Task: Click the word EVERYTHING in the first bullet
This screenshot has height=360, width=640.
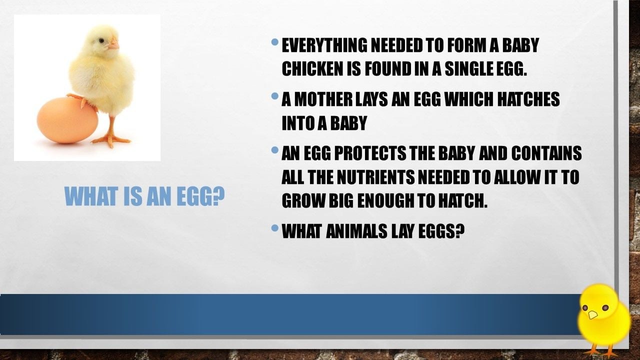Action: click(324, 45)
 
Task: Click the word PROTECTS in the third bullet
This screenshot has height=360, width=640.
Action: click(370, 153)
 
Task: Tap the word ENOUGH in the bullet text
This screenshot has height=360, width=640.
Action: click(385, 200)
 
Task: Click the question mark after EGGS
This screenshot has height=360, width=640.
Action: click(459, 231)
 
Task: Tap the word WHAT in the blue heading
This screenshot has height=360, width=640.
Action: click(91, 196)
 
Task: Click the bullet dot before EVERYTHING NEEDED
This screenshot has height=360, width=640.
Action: click(274, 42)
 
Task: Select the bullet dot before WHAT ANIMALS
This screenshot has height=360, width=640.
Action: click(274, 227)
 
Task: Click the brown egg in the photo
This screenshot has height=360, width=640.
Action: click(67, 120)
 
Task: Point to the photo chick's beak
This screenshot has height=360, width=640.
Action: click(113, 44)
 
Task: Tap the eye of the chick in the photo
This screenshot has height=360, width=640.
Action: click(101, 41)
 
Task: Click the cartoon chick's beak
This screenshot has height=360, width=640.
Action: click(592, 315)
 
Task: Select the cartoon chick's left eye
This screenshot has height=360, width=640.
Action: click(585, 308)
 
